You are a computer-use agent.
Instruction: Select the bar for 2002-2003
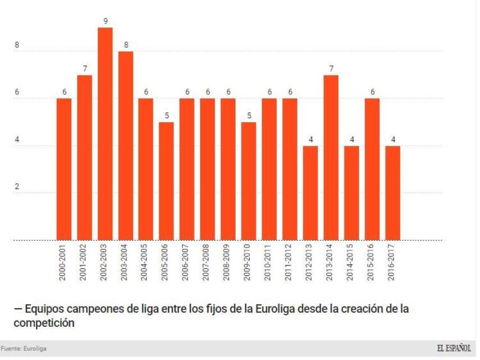[105, 134]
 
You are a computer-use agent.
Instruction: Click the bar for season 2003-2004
[125, 146]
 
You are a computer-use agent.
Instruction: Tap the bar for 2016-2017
[393, 193]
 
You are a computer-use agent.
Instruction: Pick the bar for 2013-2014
[331, 157]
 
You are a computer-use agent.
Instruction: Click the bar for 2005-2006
[166, 181]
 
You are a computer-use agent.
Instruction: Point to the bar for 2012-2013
[310, 193]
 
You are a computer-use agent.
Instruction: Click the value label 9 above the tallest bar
[105, 21]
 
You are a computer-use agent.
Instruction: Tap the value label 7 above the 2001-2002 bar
[85, 69]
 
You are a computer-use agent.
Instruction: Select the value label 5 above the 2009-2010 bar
[249, 116]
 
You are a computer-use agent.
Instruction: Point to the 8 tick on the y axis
[17, 46]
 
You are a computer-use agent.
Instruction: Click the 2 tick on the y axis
[17, 187]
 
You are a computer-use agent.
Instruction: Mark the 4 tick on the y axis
[17, 140]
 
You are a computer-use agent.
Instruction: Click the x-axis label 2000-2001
[64, 262]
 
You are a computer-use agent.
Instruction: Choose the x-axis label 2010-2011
[270, 262]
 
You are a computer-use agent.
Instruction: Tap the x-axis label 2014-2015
[352, 262]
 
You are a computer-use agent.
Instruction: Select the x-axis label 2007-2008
[208, 262]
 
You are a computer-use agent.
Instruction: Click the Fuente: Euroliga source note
[24, 349]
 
